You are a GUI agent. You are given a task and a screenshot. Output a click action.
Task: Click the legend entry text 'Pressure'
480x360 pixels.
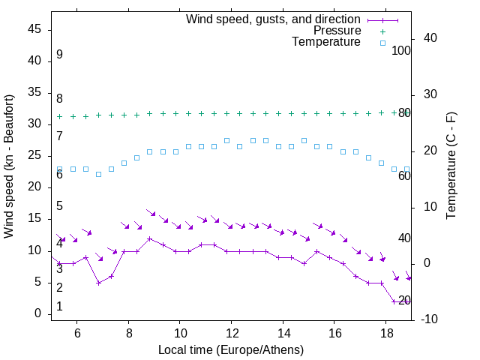click(x=336, y=31)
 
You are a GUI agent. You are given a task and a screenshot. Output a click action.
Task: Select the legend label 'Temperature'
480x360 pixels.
click(x=326, y=42)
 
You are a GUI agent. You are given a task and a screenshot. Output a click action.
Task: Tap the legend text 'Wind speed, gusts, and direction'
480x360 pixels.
click(x=274, y=19)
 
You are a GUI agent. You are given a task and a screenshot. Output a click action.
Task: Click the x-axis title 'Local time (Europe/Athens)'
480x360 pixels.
click(x=231, y=350)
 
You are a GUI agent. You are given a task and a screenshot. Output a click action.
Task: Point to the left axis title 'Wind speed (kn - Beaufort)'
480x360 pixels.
click(x=9, y=166)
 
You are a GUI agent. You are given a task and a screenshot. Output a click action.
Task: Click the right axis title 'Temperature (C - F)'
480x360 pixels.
click(x=451, y=166)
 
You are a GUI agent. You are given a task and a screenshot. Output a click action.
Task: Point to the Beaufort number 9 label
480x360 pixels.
click(x=59, y=55)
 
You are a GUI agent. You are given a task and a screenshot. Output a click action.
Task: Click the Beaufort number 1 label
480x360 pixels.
click(x=59, y=307)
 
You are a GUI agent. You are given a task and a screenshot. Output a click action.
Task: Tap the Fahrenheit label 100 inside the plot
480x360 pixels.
click(x=402, y=51)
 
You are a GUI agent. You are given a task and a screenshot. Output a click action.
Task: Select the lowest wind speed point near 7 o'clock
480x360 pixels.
click(x=98, y=283)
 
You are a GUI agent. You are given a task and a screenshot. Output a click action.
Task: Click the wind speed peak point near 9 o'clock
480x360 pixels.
click(x=150, y=238)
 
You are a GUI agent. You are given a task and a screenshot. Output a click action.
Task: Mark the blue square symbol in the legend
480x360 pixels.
click(x=382, y=43)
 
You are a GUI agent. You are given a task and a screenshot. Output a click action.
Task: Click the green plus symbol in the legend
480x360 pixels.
click(x=382, y=31)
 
